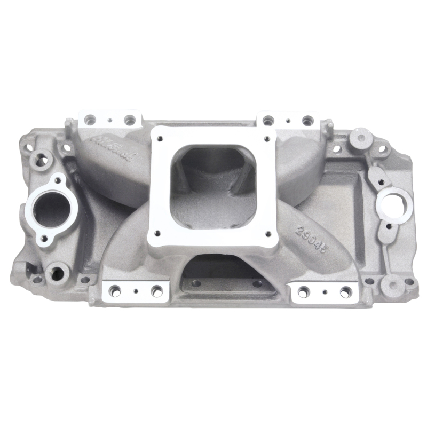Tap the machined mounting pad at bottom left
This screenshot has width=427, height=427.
pos(135,291)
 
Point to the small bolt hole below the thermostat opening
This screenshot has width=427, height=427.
pos(44,238)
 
